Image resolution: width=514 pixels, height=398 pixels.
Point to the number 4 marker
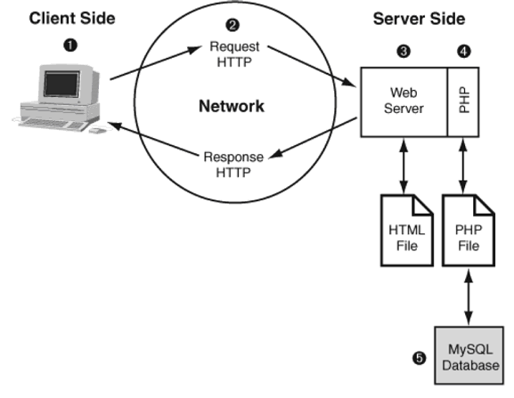pyautogui.click(x=465, y=51)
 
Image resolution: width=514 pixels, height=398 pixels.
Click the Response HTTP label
pyautogui.click(x=233, y=164)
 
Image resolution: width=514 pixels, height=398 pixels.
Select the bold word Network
pyautogui.click(x=232, y=107)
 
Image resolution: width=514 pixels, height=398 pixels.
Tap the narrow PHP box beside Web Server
pyautogui.click(x=464, y=101)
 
